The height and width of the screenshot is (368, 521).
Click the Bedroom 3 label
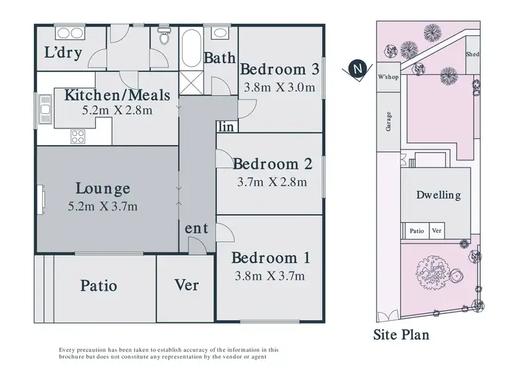[x=279, y=69]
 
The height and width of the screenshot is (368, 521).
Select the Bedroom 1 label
[x=270, y=258]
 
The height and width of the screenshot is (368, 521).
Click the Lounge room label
[x=102, y=187]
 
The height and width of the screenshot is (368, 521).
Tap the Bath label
[x=219, y=58]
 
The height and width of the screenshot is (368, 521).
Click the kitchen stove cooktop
[x=77, y=137]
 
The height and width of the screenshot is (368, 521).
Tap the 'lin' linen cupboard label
[x=226, y=126]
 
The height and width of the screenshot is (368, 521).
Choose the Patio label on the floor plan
[x=98, y=285]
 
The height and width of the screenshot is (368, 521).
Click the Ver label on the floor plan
[x=186, y=285]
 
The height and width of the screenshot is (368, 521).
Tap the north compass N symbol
[x=357, y=69]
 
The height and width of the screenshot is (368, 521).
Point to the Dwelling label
[x=438, y=195]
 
